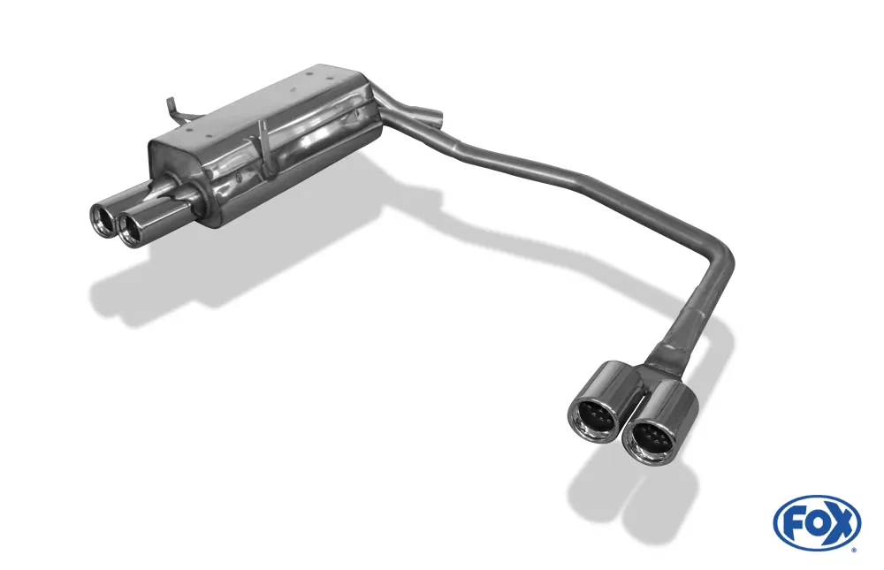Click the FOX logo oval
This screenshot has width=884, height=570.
[x=816, y=522]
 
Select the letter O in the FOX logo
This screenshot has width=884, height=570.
[x=815, y=523]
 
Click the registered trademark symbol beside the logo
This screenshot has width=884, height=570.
[x=853, y=549]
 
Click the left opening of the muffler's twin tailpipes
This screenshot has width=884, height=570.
[x=104, y=218]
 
